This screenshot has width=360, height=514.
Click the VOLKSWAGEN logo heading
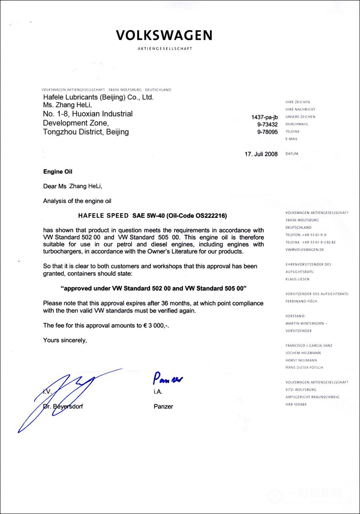(x=164, y=35)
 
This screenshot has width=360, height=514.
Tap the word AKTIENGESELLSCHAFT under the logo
(x=165, y=49)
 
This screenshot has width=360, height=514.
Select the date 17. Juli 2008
(x=261, y=154)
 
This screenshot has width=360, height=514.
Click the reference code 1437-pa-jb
(x=264, y=117)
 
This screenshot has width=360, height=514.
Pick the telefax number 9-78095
(x=267, y=132)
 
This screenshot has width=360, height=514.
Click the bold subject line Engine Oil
(x=58, y=172)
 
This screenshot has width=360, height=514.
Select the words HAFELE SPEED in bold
(x=103, y=216)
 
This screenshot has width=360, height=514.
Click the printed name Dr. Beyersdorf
(x=63, y=406)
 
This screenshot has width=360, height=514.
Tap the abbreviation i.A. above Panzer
(x=158, y=392)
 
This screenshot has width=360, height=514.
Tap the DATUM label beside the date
(x=292, y=154)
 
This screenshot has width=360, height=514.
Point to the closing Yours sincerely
(x=65, y=340)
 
